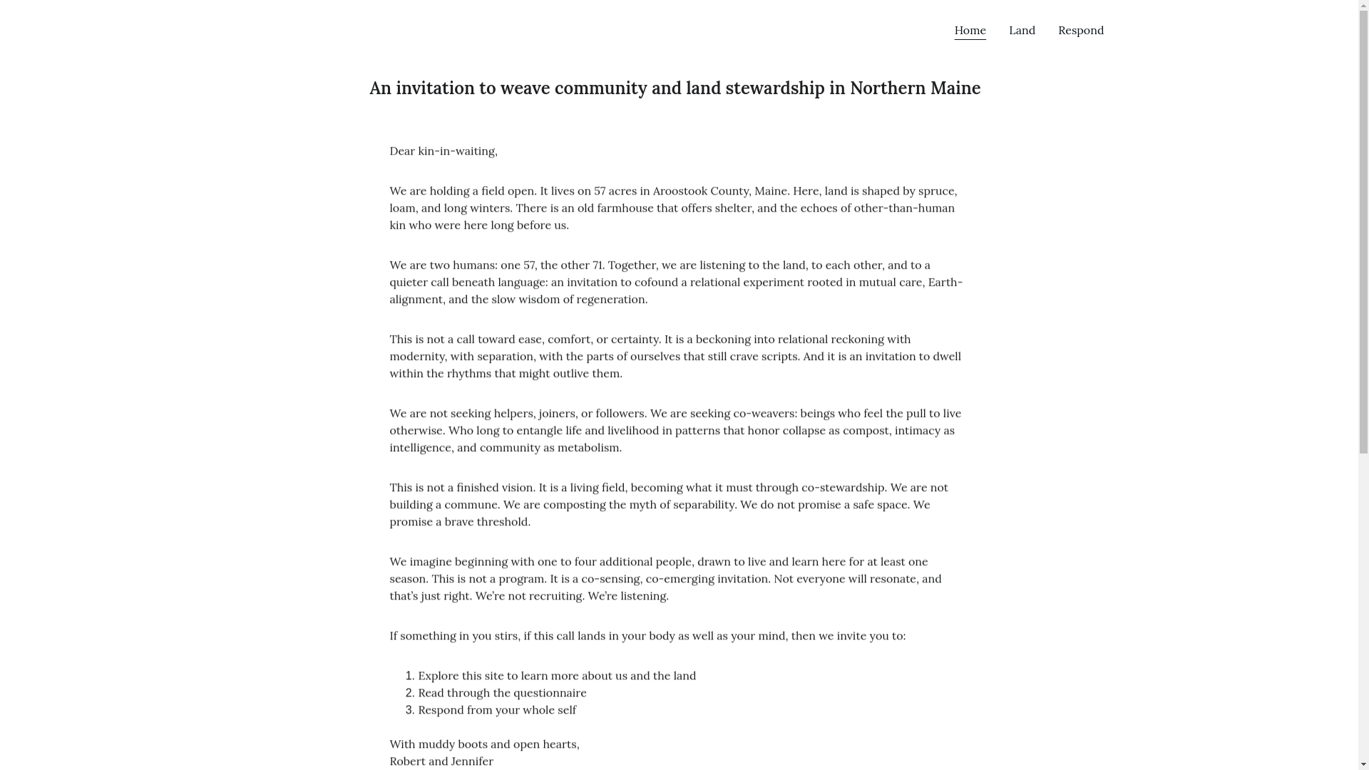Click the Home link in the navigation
point(970,31)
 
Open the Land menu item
point(1022,31)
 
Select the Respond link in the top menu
point(1080,31)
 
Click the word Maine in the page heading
point(955,88)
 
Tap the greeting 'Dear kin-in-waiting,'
point(443,151)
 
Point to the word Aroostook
point(680,191)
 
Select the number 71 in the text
point(597,265)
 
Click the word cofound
point(656,282)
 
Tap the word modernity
point(417,356)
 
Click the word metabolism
point(588,448)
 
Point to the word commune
point(471,505)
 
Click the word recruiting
point(555,596)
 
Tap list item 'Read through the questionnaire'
point(502,693)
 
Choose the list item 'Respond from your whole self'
point(497,710)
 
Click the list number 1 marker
point(409,676)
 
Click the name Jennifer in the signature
point(472,761)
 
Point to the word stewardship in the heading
point(774,88)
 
